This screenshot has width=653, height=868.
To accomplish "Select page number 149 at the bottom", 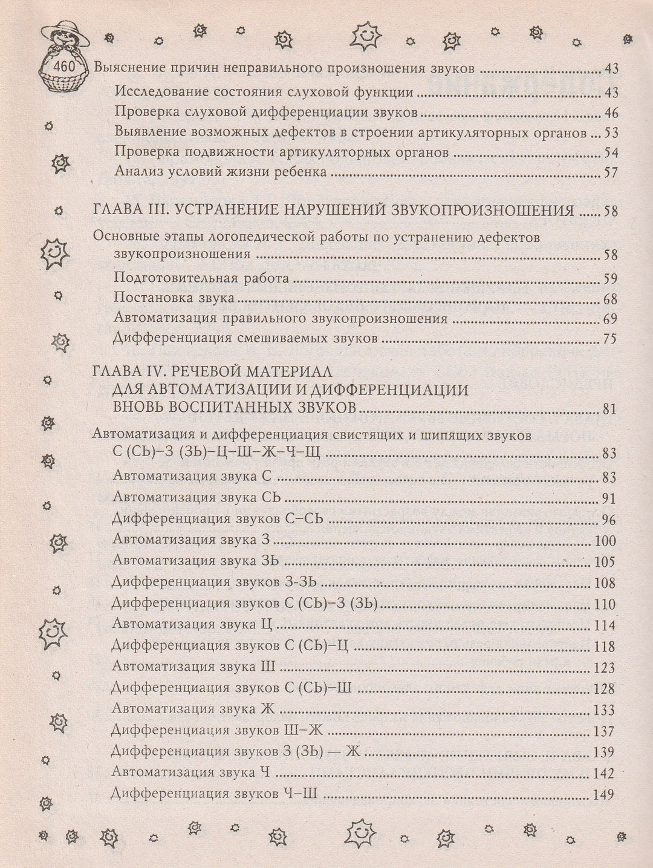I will click(x=604, y=795).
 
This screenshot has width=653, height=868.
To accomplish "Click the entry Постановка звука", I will click(x=174, y=299).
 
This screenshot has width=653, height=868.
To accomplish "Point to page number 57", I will click(x=610, y=172).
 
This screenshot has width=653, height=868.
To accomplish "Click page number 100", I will click(x=605, y=541).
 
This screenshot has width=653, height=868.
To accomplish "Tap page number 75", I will click(x=609, y=339).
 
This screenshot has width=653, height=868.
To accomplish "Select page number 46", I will click(x=610, y=113).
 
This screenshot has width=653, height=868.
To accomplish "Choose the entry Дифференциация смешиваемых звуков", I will click(x=245, y=338).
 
